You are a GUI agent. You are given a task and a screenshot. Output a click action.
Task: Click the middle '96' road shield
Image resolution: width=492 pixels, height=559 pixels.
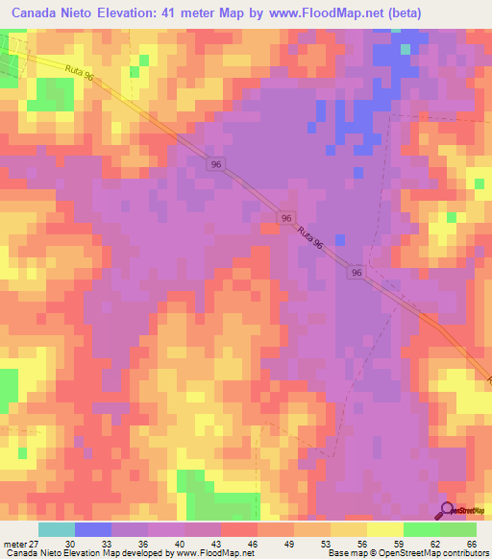coord(286,219)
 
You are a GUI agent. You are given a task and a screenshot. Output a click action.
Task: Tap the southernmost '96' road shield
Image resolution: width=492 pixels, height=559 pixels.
coord(356,273)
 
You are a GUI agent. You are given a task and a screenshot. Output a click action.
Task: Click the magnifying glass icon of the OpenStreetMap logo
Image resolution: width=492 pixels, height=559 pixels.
coord(447,512)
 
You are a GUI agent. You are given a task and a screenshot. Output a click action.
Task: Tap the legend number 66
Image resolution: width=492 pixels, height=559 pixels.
coord(472,543)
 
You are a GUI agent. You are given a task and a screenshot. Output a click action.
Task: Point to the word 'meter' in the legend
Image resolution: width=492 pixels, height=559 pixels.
coord(13,543)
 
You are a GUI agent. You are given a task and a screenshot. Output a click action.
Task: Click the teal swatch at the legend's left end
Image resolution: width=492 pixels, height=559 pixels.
coord(56,529)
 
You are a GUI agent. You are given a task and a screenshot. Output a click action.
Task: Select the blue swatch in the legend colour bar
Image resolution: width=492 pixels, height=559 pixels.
coord(92,529)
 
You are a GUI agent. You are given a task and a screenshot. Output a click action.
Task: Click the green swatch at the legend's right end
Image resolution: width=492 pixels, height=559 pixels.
coord(457,529)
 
